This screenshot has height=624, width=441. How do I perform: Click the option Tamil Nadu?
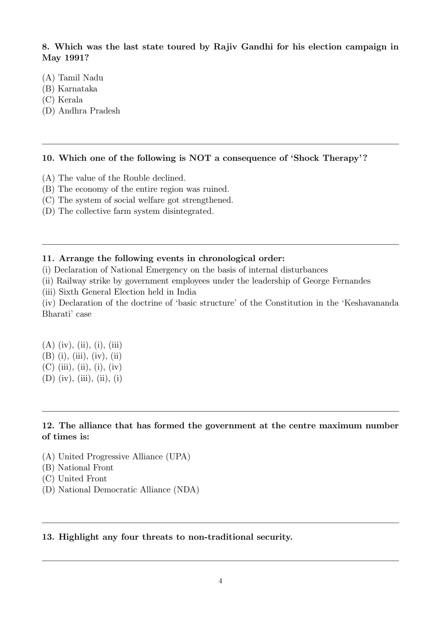click(x=80, y=78)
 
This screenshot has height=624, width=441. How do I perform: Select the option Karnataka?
click(x=78, y=89)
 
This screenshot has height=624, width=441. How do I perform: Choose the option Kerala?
click(x=70, y=100)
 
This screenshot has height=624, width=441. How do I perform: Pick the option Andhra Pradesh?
click(x=89, y=111)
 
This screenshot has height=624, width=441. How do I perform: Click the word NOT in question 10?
click(x=200, y=158)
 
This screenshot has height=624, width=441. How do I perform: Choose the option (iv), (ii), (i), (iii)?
click(x=90, y=345)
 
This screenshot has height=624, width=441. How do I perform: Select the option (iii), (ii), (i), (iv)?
click(x=90, y=367)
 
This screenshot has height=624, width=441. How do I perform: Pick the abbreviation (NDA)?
click(x=186, y=490)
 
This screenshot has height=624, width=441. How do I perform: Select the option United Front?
click(x=82, y=479)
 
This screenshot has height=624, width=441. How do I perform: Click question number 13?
click(x=48, y=537)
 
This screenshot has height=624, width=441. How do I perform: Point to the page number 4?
click(x=220, y=581)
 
